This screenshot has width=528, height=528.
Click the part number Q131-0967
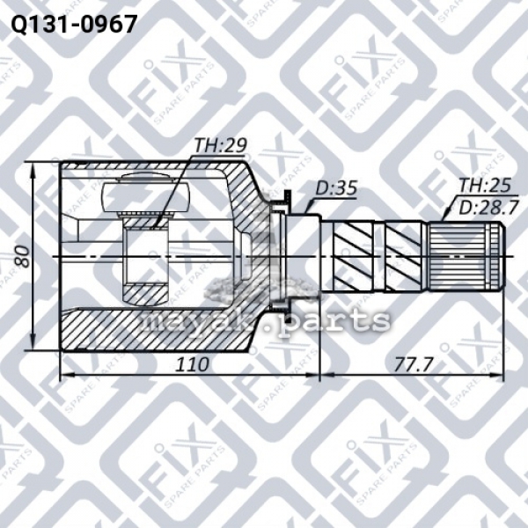coord(74,25)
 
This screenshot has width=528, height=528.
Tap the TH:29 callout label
coord(221,145)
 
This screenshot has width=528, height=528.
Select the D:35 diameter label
coord(336,188)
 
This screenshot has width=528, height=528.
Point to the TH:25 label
coord(485,185)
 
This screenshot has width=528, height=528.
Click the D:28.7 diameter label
coord(488,209)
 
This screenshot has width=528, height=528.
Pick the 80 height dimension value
coord(23,256)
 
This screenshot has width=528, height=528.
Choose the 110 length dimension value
coord(192,364)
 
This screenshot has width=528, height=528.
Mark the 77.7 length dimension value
coord(414,364)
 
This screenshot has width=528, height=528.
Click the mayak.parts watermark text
coord(266,319)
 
